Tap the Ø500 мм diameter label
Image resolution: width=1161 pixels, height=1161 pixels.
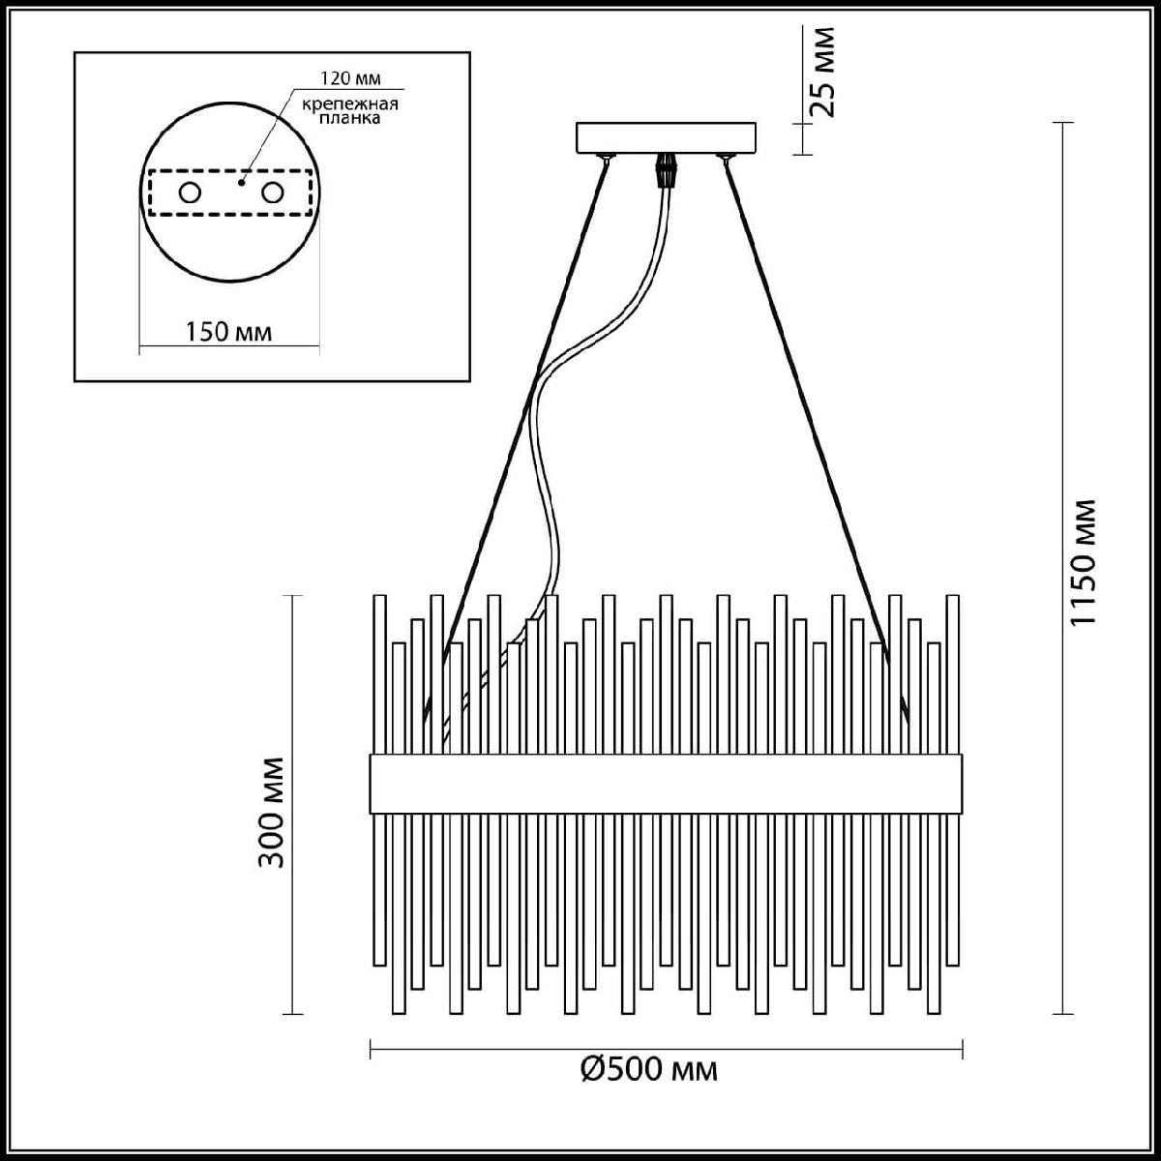(649, 1070)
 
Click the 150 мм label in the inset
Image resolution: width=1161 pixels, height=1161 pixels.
(228, 332)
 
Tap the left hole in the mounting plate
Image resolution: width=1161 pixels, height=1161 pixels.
(190, 193)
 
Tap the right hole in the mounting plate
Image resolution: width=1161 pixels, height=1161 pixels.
(272, 193)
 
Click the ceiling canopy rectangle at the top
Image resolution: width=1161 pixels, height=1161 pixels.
(667, 137)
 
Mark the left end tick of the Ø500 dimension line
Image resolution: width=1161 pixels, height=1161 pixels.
(371, 1049)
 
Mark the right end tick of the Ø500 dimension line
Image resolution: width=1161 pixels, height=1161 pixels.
(962, 1049)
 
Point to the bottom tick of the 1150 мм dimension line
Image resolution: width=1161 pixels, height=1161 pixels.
(1062, 1013)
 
